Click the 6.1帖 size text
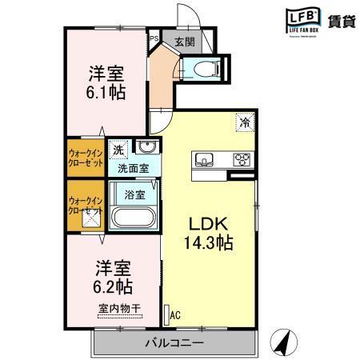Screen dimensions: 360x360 [x=104, y=90]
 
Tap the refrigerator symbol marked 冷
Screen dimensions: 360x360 [x=244, y=123]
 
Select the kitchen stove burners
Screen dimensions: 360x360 [x=241, y=160]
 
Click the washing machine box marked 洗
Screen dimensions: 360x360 [x=118, y=150]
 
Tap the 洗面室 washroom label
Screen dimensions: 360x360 [x=133, y=169]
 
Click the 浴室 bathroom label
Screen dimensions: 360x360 [x=134, y=194]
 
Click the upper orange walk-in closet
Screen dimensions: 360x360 [x=86, y=157]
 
